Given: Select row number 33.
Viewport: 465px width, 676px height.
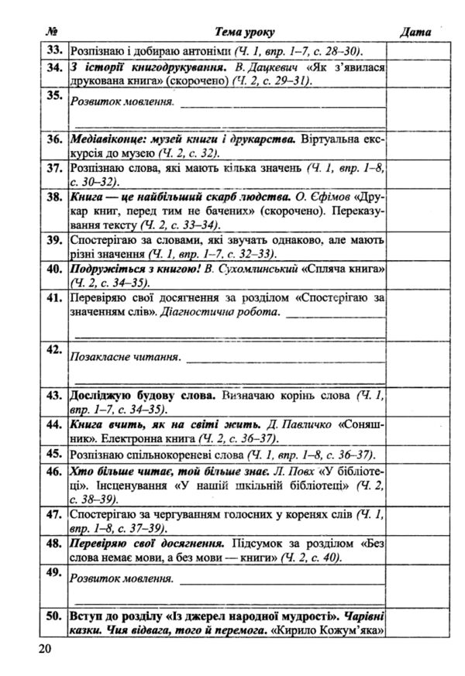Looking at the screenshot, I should point(53,50).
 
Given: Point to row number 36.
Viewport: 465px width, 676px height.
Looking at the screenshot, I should point(53,140).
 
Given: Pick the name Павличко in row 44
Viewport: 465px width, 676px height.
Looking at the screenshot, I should point(305,424).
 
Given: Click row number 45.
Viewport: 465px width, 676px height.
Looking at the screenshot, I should point(53,453).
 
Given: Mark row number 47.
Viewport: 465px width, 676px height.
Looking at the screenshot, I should point(53,513).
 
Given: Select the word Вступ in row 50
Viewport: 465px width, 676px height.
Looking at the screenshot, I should point(87,617).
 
